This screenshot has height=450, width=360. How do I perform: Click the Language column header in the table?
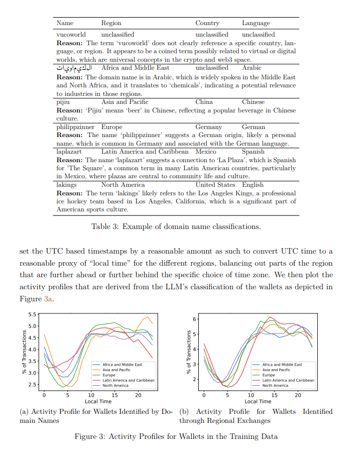pos(256,23)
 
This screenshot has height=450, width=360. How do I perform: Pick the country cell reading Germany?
pos(208,127)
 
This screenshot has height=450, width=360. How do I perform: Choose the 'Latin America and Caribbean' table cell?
pos(145,151)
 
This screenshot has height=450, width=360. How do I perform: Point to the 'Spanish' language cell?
pos(253,151)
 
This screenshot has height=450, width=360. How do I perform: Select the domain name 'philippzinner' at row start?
pos(75,127)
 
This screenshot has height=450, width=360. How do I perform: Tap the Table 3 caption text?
pos(176,227)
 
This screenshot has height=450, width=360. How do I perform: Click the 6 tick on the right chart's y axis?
pos(194,319)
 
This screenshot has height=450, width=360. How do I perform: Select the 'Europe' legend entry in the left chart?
pos(108,375)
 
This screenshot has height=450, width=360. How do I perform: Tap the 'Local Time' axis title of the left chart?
pos(98,402)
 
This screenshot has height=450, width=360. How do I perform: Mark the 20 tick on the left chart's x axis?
pos(138,395)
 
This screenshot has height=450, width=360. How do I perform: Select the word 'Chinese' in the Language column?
pos(253,101)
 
